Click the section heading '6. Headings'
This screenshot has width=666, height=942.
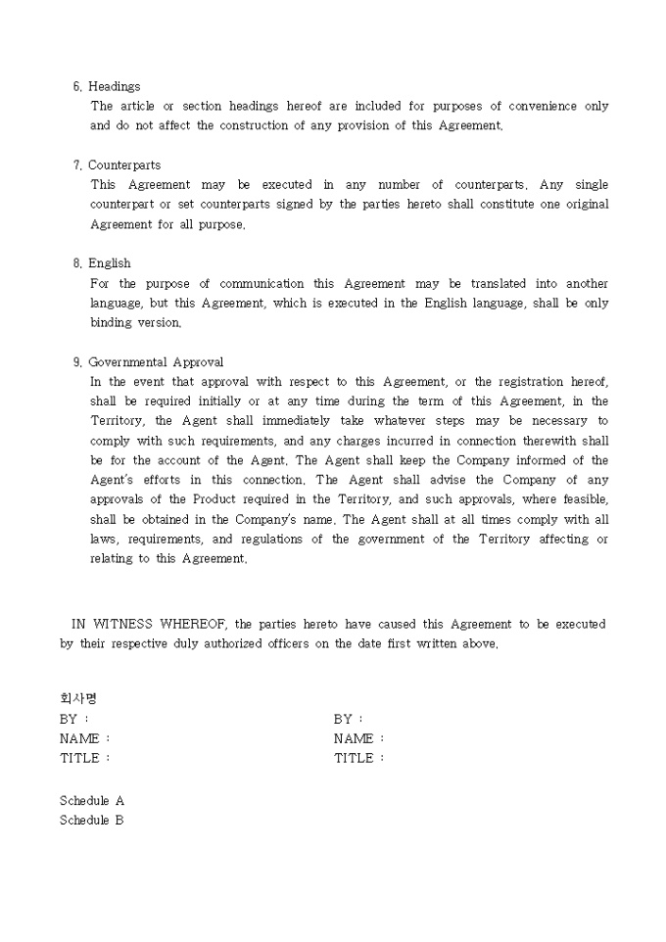point(107,87)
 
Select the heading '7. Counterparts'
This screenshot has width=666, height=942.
point(117,165)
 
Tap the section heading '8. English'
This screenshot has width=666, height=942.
point(102,263)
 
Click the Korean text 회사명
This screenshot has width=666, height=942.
point(78,699)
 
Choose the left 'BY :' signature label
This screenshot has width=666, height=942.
point(74,719)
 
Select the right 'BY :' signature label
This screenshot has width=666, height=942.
point(349,719)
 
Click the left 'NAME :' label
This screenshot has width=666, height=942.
point(85,738)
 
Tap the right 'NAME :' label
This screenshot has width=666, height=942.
point(359,738)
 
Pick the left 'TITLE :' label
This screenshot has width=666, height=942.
point(85,758)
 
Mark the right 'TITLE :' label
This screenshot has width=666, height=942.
point(359,758)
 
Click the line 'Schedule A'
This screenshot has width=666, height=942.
point(92,801)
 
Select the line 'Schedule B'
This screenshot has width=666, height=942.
point(92,821)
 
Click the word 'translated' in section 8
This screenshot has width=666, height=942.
point(499,283)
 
